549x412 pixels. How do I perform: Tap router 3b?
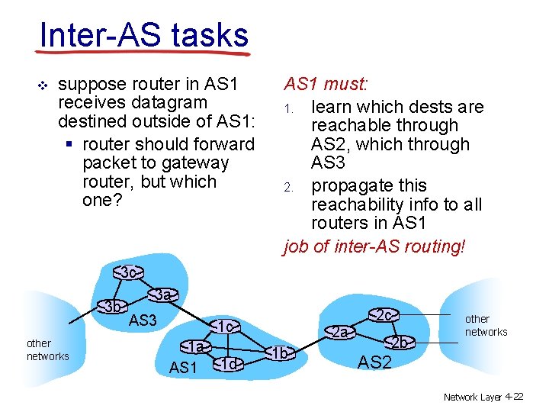click(114, 307)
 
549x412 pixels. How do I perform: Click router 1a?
click(196, 347)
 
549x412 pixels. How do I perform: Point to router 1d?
click(230, 364)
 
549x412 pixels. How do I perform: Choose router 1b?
click(280, 352)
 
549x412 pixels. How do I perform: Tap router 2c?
click(384, 314)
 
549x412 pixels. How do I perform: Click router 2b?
click(400, 343)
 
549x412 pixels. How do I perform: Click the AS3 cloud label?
click(143, 320)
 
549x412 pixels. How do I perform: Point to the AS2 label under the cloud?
click(374, 362)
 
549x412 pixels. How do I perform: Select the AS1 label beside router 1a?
click(183, 368)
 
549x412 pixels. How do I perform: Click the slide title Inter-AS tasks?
click(143, 34)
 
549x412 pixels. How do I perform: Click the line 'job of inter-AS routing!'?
click(374, 247)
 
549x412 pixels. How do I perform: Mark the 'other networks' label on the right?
click(486, 325)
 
